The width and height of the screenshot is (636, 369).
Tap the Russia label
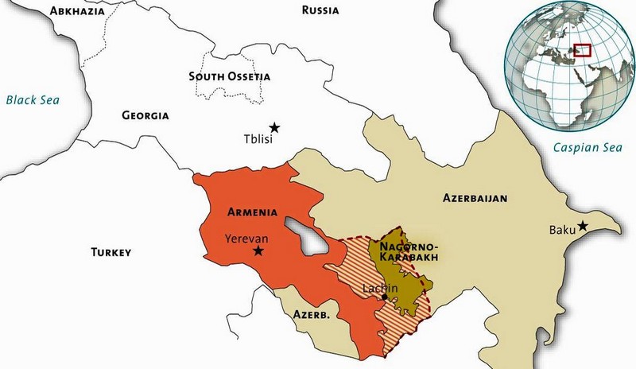click(320, 10)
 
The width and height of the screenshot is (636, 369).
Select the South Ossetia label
click(230, 76)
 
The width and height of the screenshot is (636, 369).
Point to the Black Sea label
click(33, 100)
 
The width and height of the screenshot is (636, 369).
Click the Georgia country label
click(145, 115)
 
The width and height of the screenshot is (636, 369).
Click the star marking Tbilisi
click(274, 127)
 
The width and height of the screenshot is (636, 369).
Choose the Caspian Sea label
click(588, 147)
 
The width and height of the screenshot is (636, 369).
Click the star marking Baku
click(583, 226)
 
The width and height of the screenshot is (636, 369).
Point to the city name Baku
click(561, 231)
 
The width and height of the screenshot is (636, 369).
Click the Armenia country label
click(252, 212)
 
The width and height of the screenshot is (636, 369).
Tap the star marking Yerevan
click(258, 251)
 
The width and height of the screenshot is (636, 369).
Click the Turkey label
click(111, 252)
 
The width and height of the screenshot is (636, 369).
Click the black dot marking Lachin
click(385, 297)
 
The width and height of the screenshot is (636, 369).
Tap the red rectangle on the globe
click(582, 50)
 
